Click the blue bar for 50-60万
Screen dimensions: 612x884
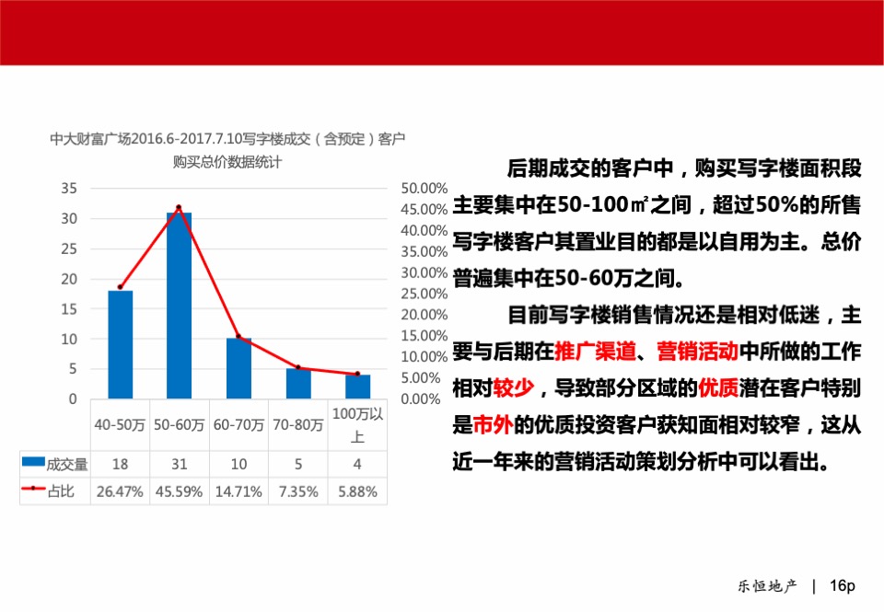(x=179, y=306)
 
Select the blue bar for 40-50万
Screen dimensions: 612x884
(x=121, y=345)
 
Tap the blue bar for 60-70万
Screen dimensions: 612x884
(x=238, y=368)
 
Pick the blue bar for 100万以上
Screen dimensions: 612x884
(x=357, y=387)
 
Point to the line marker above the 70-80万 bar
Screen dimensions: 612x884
(x=297, y=368)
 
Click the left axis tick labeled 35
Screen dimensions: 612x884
(x=70, y=188)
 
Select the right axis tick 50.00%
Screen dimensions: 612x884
(x=425, y=188)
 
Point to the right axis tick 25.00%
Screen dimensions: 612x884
(x=425, y=294)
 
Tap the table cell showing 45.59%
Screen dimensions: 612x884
(x=180, y=491)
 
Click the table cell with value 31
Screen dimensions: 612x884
(x=180, y=464)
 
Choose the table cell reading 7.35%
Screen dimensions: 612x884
(x=298, y=491)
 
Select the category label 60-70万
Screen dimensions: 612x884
(x=238, y=425)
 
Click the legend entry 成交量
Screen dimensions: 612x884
(x=55, y=464)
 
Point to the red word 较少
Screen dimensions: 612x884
(x=514, y=387)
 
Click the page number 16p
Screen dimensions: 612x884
(x=843, y=585)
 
